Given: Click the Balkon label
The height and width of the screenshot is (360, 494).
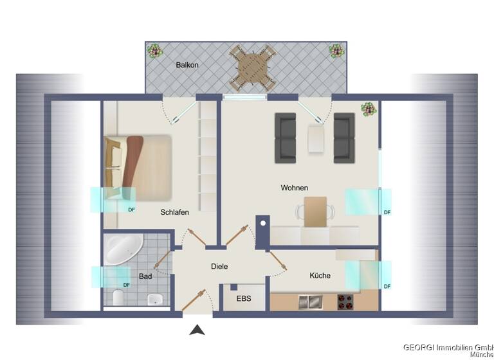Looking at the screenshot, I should pyautogui.click(x=187, y=65).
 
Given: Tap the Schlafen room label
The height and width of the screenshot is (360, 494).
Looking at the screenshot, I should pyautogui.click(x=174, y=212).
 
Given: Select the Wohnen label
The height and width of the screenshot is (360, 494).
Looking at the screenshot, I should pyautogui.click(x=294, y=188).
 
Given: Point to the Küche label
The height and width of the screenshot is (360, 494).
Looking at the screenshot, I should pyautogui.click(x=320, y=275).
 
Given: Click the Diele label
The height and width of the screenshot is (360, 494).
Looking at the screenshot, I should pyautogui.click(x=219, y=266).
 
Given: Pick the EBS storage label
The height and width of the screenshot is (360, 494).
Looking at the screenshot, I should pyautogui.click(x=243, y=299).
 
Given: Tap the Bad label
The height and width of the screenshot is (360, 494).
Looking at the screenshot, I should pyautogui.click(x=145, y=276).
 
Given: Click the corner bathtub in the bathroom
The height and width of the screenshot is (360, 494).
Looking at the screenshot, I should pyautogui.click(x=123, y=249).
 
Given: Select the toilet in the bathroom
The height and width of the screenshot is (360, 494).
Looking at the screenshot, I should pyautogui.click(x=118, y=298).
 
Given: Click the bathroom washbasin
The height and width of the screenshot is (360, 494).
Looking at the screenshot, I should pyautogui.click(x=154, y=299).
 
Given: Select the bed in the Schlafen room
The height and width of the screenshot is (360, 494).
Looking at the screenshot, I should pyautogui.click(x=138, y=166).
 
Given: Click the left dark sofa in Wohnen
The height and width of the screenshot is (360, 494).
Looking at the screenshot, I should pyautogui.click(x=285, y=138).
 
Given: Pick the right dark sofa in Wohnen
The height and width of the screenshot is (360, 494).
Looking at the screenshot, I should pyautogui.click(x=344, y=138).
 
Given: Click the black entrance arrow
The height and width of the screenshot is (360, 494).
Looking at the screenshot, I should pyautogui.click(x=197, y=330).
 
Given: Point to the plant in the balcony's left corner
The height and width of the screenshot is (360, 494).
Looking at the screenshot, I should pyautogui.click(x=154, y=50).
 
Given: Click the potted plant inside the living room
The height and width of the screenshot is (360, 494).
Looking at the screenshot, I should pyautogui.click(x=369, y=109).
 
